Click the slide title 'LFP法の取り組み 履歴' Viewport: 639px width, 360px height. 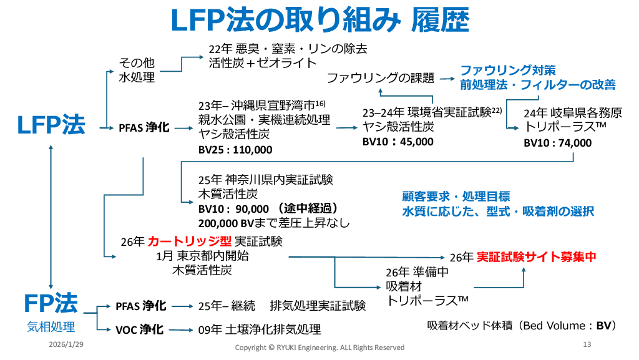coord(319,21)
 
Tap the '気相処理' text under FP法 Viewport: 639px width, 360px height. coord(51,326)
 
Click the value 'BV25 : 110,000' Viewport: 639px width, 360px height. coord(235,150)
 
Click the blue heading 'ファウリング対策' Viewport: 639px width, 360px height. coord(508,70)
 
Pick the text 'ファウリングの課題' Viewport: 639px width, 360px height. coord(380,78)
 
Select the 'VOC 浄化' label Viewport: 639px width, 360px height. coord(140,329)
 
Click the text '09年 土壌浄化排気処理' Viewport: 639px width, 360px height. coord(260,329)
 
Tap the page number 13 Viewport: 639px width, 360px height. coord(587,344)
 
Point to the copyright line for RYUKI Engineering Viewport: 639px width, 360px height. coord(319,347)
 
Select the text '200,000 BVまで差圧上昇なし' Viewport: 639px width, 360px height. coord(274,222)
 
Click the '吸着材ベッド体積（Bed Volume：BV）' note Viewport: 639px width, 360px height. coord(522,326)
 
